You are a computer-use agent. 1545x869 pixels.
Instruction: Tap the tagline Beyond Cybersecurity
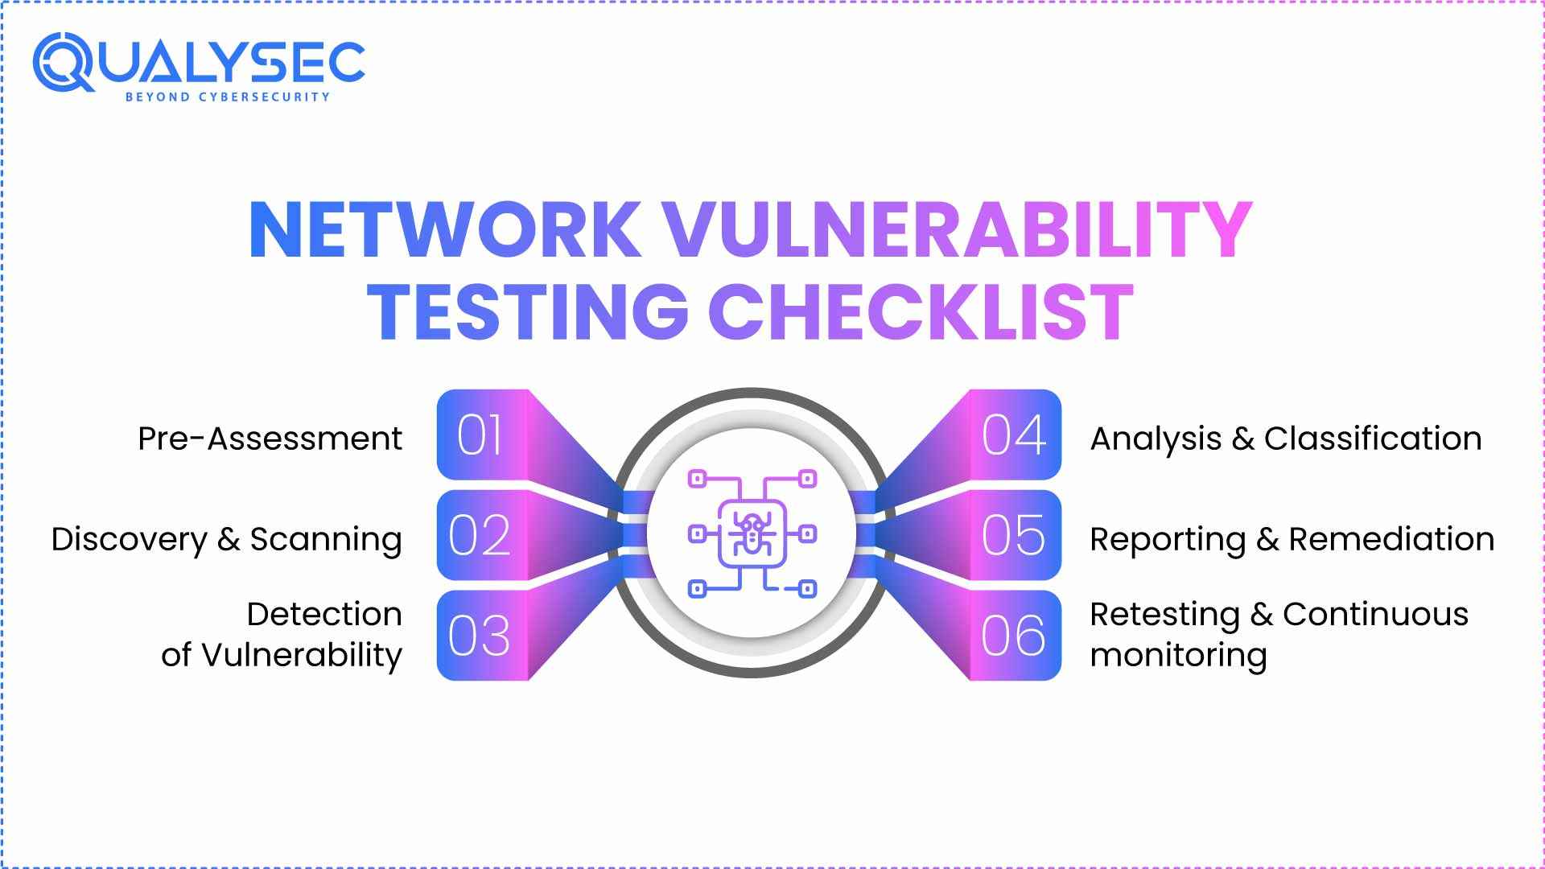point(227,97)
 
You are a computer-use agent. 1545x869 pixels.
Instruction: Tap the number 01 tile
point(480,435)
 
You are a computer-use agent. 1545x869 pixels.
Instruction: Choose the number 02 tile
point(480,536)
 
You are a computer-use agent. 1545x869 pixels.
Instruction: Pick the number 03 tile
point(480,636)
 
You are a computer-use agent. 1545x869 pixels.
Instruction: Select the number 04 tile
point(1014,435)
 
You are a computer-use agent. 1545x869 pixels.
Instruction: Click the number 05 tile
point(1014,536)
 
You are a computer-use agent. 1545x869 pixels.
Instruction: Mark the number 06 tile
point(1014,636)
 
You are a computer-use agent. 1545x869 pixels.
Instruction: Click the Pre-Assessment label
point(270,439)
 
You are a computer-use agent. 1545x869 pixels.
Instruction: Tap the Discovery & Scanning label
point(226,539)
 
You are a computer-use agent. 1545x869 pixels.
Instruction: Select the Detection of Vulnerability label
point(282,635)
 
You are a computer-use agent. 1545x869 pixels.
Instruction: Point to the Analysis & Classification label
point(1285,439)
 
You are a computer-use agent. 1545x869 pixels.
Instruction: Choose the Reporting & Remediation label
point(1292,539)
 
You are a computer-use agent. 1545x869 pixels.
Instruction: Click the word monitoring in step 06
point(1178,655)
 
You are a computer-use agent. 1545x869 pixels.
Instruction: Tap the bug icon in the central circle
point(752,533)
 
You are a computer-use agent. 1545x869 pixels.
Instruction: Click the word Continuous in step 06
point(1375,615)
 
